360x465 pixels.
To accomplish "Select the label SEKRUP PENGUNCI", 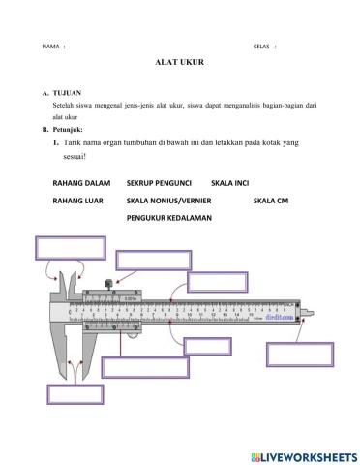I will tap(159, 182).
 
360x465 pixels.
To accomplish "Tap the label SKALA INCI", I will tap(230, 182).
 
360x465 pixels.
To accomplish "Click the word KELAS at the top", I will tap(262, 46).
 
